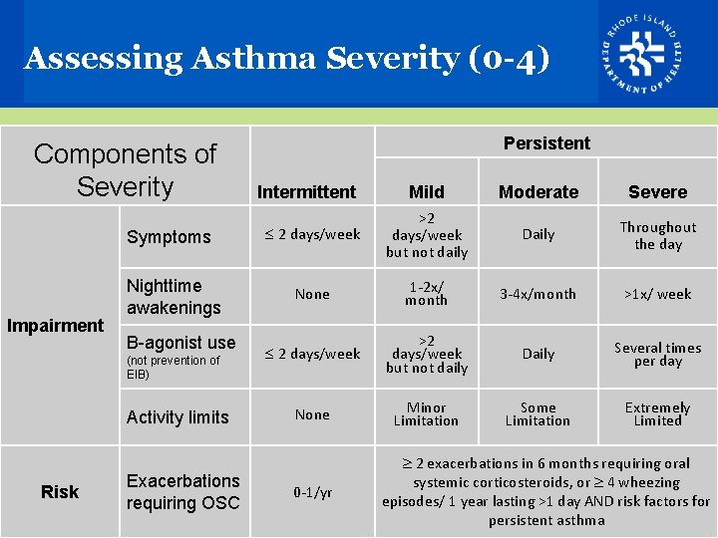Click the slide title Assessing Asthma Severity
tap(286, 59)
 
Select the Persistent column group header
tap(545, 142)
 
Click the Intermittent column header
tap(306, 191)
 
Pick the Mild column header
tap(427, 191)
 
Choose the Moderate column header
tap(538, 191)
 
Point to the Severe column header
tap(657, 191)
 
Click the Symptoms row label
tap(169, 237)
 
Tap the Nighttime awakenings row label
tap(174, 297)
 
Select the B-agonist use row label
tap(180, 343)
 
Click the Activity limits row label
tap(178, 417)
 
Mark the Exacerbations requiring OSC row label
tap(183, 492)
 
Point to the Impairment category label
tap(55, 325)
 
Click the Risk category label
tap(60, 491)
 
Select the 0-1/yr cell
tap(312, 491)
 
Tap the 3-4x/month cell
tap(538, 294)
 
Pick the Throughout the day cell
tap(657, 235)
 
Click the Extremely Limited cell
tap(657, 413)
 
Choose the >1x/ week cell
tap(657, 294)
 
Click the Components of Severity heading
tap(125, 169)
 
